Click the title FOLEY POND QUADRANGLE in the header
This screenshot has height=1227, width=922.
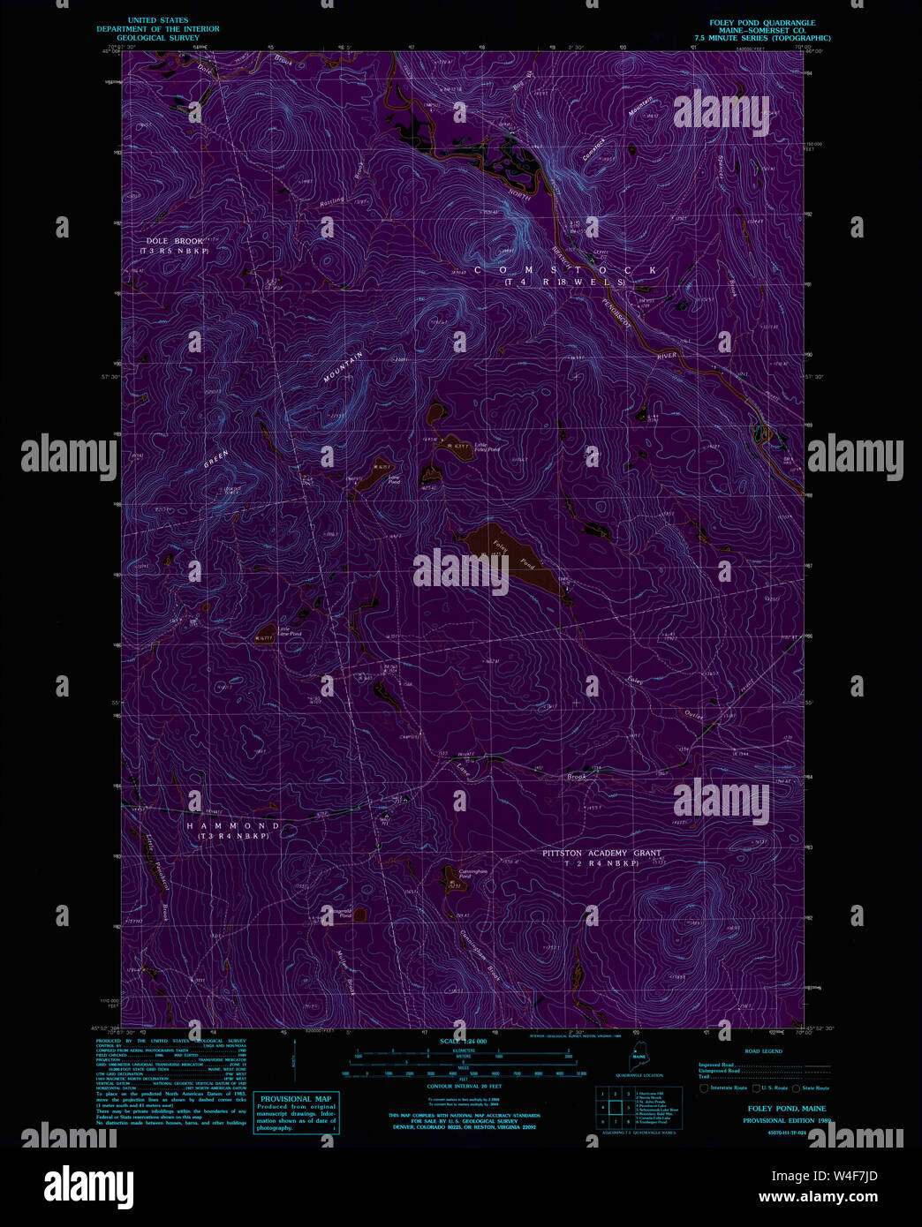click(x=762, y=23)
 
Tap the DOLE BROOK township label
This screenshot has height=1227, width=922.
click(x=175, y=241)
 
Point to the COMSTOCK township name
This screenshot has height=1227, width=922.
click(x=565, y=270)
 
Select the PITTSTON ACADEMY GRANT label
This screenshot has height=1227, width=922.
click(x=601, y=854)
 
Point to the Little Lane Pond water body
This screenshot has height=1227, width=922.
click(x=262, y=634)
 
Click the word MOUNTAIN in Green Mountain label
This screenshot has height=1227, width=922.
click(x=343, y=367)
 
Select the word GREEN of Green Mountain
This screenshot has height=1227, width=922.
click(x=216, y=460)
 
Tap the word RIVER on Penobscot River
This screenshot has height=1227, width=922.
click(x=667, y=356)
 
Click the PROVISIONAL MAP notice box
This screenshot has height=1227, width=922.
click(x=296, y=1112)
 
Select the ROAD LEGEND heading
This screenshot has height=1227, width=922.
click(x=763, y=1051)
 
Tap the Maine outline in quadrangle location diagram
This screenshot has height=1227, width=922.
click(x=639, y=1059)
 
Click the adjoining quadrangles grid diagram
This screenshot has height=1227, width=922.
click(x=615, y=1107)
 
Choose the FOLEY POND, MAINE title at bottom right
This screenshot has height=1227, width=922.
click(x=787, y=1109)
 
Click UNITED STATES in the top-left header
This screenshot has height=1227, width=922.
click(x=158, y=20)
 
